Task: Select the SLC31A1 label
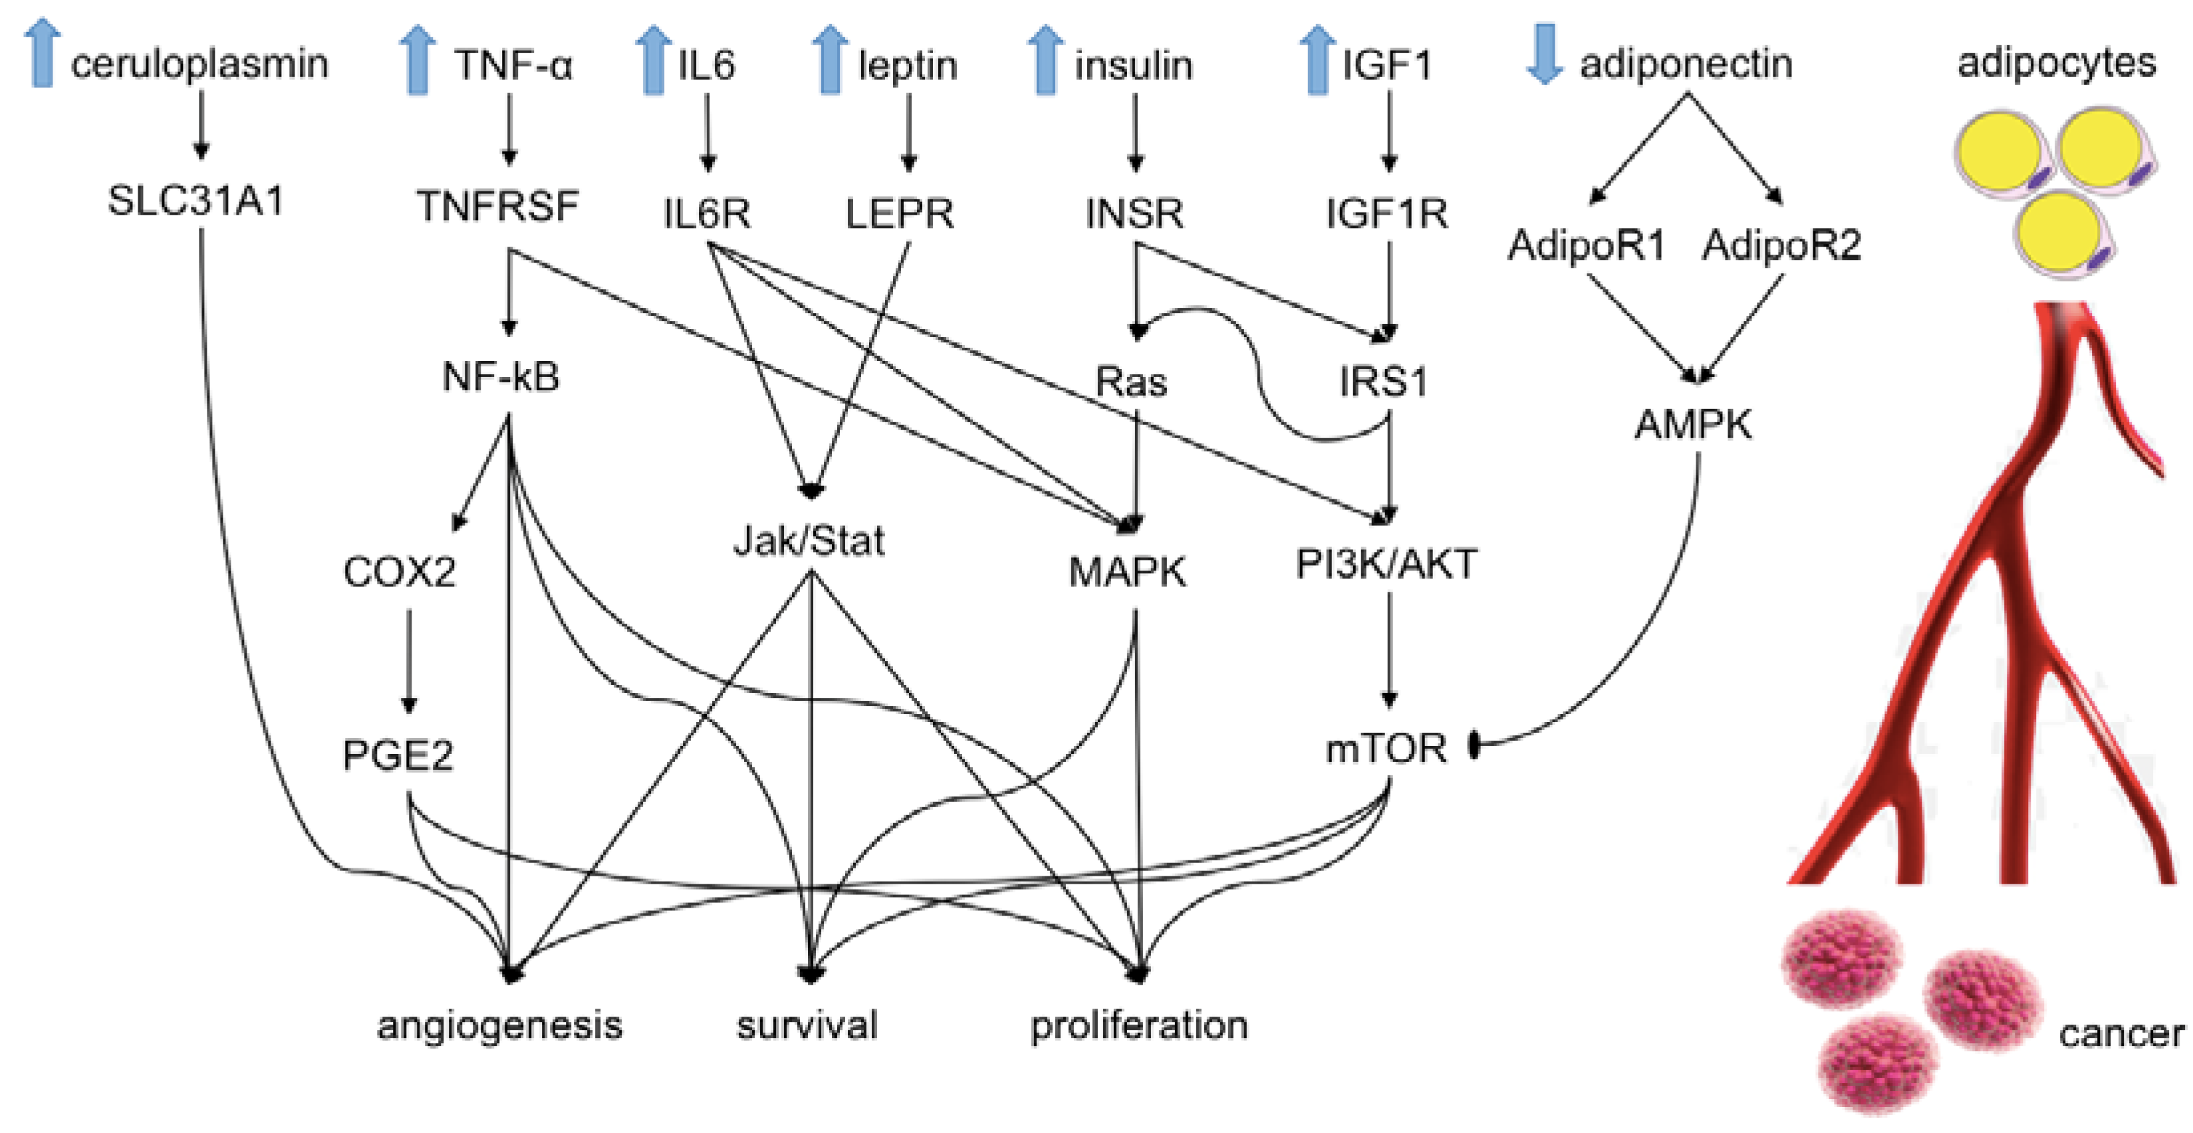195,201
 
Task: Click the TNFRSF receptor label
498,207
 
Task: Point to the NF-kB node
501,377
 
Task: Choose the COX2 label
399,572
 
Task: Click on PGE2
398,755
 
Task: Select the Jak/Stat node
809,541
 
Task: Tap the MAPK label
1127,572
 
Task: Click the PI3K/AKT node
1386,564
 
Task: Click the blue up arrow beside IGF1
1317,58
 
